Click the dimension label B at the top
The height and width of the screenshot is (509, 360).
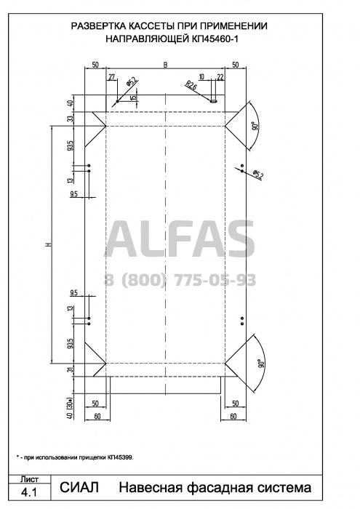(x=165, y=65)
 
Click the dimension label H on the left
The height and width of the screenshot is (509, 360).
(x=49, y=244)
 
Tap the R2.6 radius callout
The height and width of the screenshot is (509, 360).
(x=191, y=85)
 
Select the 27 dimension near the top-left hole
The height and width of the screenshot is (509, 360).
(x=112, y=77)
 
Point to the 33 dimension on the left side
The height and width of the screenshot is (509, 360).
(x=71, y=119)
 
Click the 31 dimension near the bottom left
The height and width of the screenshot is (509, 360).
(x=71, y=369)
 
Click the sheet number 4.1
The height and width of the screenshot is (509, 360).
(x=29, y=493)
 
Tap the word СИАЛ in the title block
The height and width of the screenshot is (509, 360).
(x=79, y=487)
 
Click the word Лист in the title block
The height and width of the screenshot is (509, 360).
(x=29, y=479)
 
